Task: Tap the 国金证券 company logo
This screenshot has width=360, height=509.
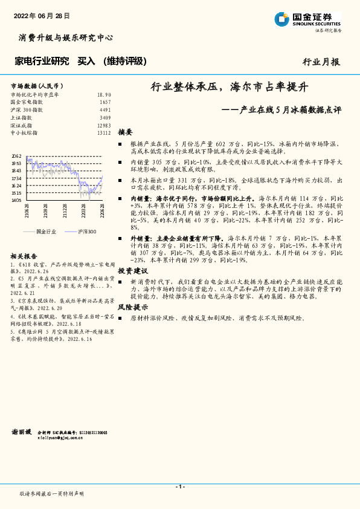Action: pyautogui.click(x=307, y=19)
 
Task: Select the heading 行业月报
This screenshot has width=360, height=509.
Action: pyautogui.click(x=321, y=62)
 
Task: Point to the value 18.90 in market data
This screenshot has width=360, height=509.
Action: pyautogui.click(x=104, y=95)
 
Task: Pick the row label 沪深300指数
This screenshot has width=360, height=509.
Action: pyautogui.click(x=27, y=110)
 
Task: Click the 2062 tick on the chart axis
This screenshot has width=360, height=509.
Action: pyautogui.click(x=16, y=157)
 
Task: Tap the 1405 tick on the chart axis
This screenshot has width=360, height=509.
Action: pyautogui.click(x=16, y=200)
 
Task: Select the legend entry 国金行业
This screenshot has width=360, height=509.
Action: pyautogui.click(x=47, y=232)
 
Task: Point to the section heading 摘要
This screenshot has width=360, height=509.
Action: pyautogui.click(x=125, y=132)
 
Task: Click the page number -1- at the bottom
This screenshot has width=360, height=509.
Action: pyautogui.click(x=179, y=487)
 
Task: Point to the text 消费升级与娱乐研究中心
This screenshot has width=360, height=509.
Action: pyautogui.click(x=66, y=37)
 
